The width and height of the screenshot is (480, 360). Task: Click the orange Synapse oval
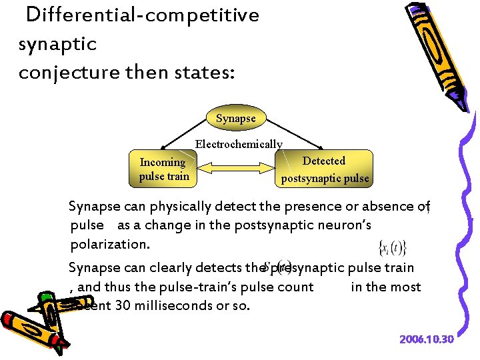click(x=235, y=118)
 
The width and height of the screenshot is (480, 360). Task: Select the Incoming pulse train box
click(x=164, y=169)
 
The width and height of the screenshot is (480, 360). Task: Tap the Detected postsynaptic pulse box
click(x=324, y=169)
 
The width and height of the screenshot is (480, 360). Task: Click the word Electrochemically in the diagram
click(x=239, y=144)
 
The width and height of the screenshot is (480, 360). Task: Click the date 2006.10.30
click(x=427, y=339)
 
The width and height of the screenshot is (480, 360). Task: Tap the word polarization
click(x=108, y=244)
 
